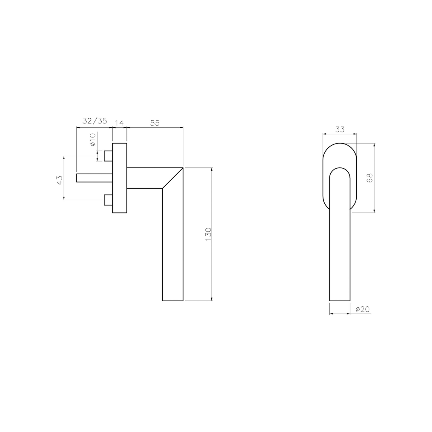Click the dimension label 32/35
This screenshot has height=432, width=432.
point(94,121)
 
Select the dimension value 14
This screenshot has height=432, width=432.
point(119,123)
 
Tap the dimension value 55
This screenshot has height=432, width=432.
point(155,123)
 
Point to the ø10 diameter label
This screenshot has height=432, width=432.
point(93,140)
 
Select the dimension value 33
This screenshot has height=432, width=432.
point(340,129)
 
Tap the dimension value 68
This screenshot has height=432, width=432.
point(370,178)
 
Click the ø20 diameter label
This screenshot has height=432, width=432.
point(363,309)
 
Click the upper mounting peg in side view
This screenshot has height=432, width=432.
point(108,156)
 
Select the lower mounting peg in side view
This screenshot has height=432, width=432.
point(108,200)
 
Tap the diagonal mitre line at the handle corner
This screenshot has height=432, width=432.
point(173,178)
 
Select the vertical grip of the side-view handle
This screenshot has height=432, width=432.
point(173,245)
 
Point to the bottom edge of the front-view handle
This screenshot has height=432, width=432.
point(340,300)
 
